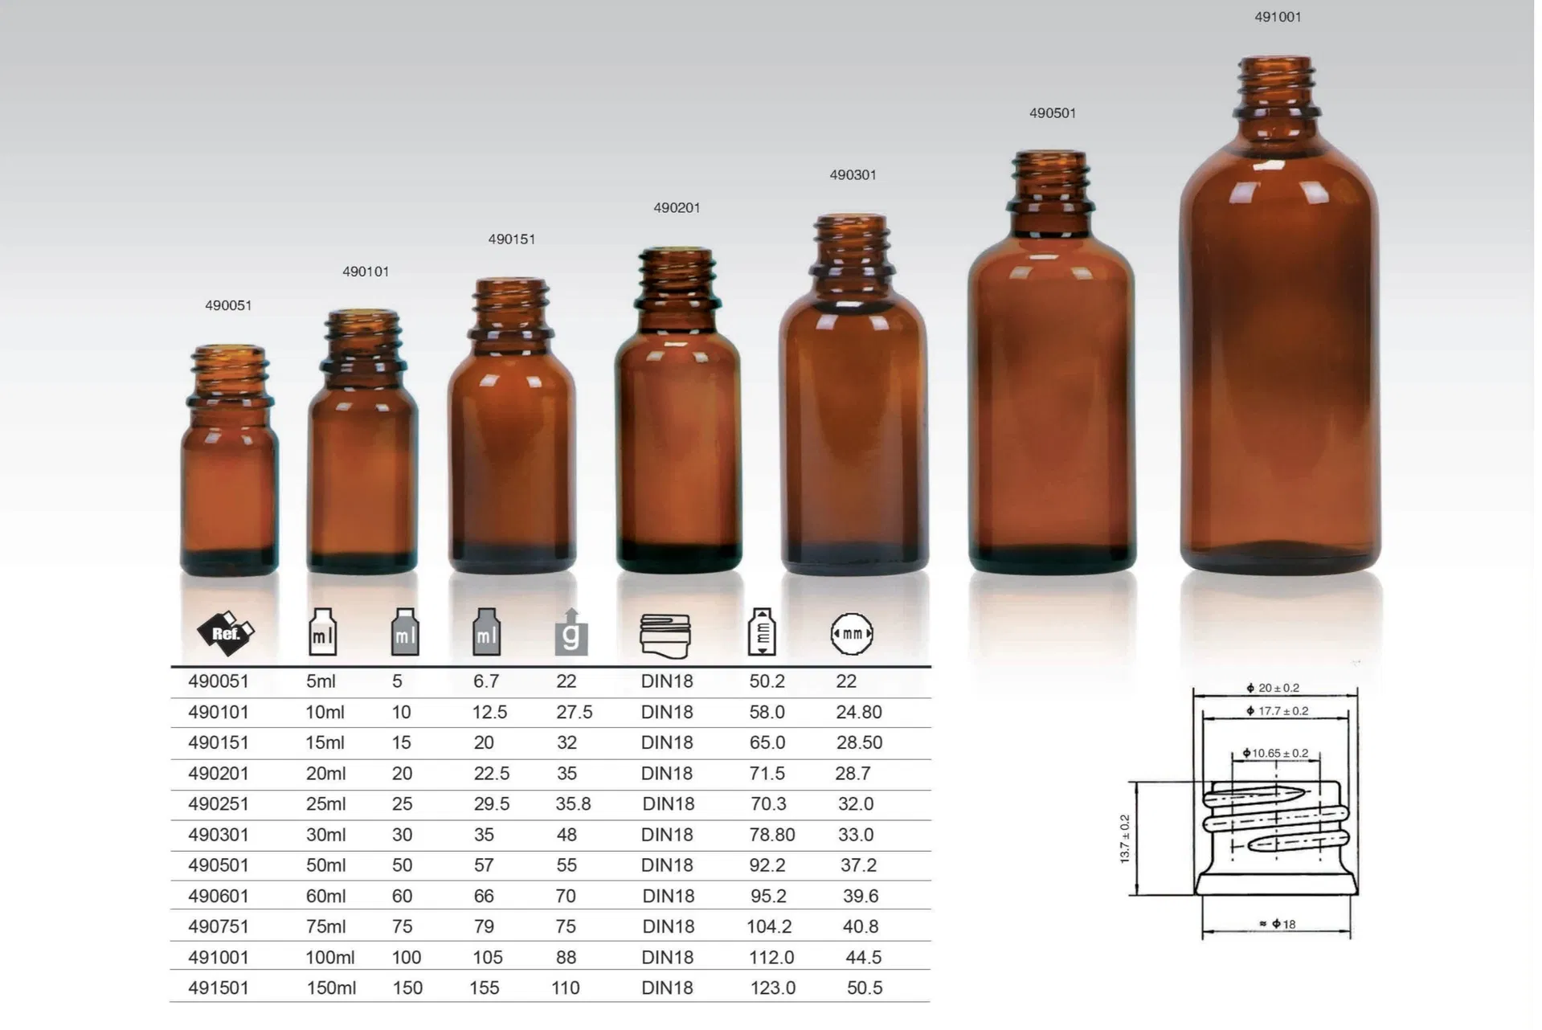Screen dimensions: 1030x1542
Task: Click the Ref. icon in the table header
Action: (226, 633)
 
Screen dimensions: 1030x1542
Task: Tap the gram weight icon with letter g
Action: (571, 634)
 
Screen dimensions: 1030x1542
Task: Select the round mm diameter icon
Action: (852, 633)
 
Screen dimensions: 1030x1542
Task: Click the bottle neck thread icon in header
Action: (665, 636)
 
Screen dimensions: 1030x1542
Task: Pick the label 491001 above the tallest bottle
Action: (1278, 17)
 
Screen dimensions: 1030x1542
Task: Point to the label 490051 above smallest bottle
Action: (228, 305)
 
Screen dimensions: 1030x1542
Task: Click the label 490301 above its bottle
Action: (853, 175)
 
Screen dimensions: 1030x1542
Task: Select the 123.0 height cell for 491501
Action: (773, 988)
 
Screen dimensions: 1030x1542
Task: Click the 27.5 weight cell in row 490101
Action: (574, 713)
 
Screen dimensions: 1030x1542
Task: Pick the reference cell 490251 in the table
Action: (219, 804)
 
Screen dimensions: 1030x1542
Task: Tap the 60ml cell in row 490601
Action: (325, 896)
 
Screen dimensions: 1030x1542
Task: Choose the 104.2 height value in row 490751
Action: (769, 926)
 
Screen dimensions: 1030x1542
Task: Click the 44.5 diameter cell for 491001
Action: (863, 958)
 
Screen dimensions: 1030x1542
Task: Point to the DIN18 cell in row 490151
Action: (667, 743)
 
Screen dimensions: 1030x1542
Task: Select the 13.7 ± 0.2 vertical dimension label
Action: (1125, 839)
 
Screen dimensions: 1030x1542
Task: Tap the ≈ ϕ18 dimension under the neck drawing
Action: (1278, 925)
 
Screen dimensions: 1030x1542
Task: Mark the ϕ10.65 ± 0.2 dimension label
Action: (1275, 754)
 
